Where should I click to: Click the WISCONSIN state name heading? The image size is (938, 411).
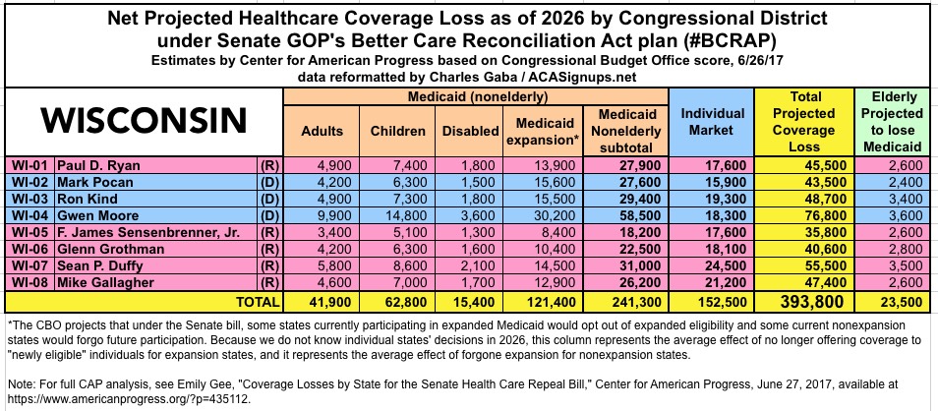point(143,121)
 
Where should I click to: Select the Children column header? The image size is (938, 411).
point(397,131)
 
